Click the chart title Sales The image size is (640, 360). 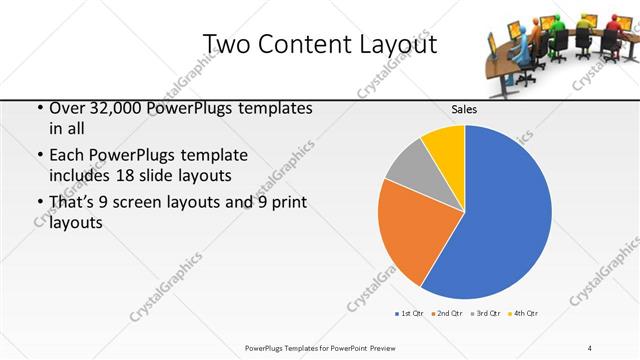[x=463, y=108]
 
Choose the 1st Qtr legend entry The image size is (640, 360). [x=408, y=314]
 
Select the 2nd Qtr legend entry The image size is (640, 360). [x=445, y=314]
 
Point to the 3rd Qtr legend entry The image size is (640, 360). [x=485, y=314]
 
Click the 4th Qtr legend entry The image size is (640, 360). [x=523, y=314]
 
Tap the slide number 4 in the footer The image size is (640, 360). [x=590, y=348]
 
